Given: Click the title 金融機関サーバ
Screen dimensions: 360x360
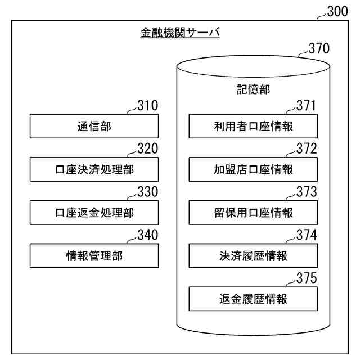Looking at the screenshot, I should click(179, 33).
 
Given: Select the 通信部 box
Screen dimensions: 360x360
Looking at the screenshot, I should click(94, 126).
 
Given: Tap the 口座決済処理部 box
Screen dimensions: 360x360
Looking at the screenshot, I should click(94, 169).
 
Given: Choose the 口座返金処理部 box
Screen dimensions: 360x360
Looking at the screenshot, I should click(94, 213).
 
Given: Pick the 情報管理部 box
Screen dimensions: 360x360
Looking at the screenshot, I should click(94, 256).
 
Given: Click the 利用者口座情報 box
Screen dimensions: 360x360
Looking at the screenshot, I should click(253, 126).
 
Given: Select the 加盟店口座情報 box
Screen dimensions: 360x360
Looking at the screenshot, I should click(253, 169).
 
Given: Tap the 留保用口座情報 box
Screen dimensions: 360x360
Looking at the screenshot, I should click(253, 213).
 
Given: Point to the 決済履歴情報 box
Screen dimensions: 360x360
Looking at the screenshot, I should click(253, 256).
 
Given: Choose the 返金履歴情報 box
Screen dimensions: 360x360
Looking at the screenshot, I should click(253, 299).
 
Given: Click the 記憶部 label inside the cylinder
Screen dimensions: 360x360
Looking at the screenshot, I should click(253, 90).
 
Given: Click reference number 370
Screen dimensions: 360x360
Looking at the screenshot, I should click(319, 49).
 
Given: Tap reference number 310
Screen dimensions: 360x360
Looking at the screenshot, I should click(147, 105).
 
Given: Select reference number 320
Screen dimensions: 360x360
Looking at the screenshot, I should click(147, 148).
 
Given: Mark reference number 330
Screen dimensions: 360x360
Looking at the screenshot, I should click(147, 192).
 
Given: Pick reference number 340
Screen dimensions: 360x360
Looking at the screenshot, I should click(147, 235).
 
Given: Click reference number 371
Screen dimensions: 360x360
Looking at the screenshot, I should click(307, 105).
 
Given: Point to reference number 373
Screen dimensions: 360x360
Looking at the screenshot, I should click(307, 192).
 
